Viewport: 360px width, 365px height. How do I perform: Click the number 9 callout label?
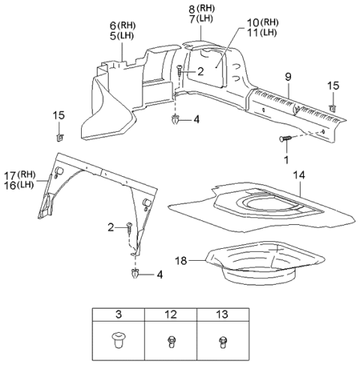click(x=286, y=76)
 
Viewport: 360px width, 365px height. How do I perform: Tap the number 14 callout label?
click(x=300, y=175)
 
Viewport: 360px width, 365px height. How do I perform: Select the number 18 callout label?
click(x=180, y=260)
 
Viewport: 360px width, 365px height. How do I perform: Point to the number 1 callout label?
click(x=286, y=160)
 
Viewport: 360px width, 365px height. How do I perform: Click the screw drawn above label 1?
click(x=286, y=139)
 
